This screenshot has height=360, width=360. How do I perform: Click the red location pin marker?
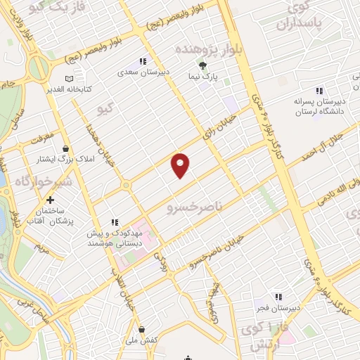181,165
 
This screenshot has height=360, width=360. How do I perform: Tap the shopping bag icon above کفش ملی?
143,329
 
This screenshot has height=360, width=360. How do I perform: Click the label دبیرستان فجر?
278,307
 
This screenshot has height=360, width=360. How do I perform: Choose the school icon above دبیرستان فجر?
278,297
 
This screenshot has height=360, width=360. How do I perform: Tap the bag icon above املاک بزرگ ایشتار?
66,148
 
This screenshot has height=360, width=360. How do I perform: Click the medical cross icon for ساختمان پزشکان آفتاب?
50,200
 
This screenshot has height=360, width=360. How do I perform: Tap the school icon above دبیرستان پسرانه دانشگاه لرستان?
319,90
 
